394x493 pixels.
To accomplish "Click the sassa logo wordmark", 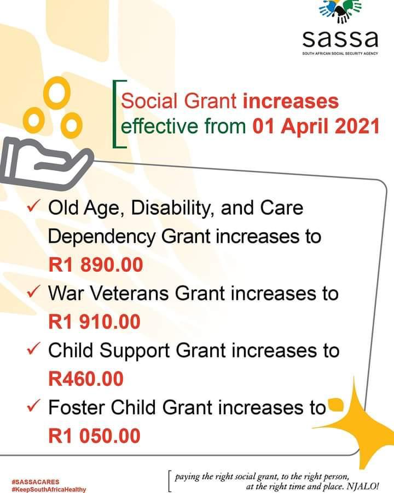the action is click(x=340, y=39).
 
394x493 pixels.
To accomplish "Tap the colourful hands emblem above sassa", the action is click(x=340, y=10).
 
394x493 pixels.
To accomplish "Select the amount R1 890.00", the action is click(x=96, y=265).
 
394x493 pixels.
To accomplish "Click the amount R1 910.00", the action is click(x=94, y=322).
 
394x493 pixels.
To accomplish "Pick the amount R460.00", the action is click(x=86, y=379).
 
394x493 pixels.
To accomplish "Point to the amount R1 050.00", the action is click(x=94, y=436).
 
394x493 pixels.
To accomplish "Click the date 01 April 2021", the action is click(x=316, y=127).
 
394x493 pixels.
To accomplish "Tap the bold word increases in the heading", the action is click(x=291, y=101).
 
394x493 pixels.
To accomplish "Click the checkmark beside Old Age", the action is click(x=33, y=206).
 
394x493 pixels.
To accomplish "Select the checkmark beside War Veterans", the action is click(x=33, y=291).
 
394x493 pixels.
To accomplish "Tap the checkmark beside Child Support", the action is click(x=33, y=348).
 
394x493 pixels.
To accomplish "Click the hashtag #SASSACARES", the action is click(x=35, y=481).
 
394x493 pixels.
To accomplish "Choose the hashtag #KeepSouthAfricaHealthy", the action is click(x=49, y=489).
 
